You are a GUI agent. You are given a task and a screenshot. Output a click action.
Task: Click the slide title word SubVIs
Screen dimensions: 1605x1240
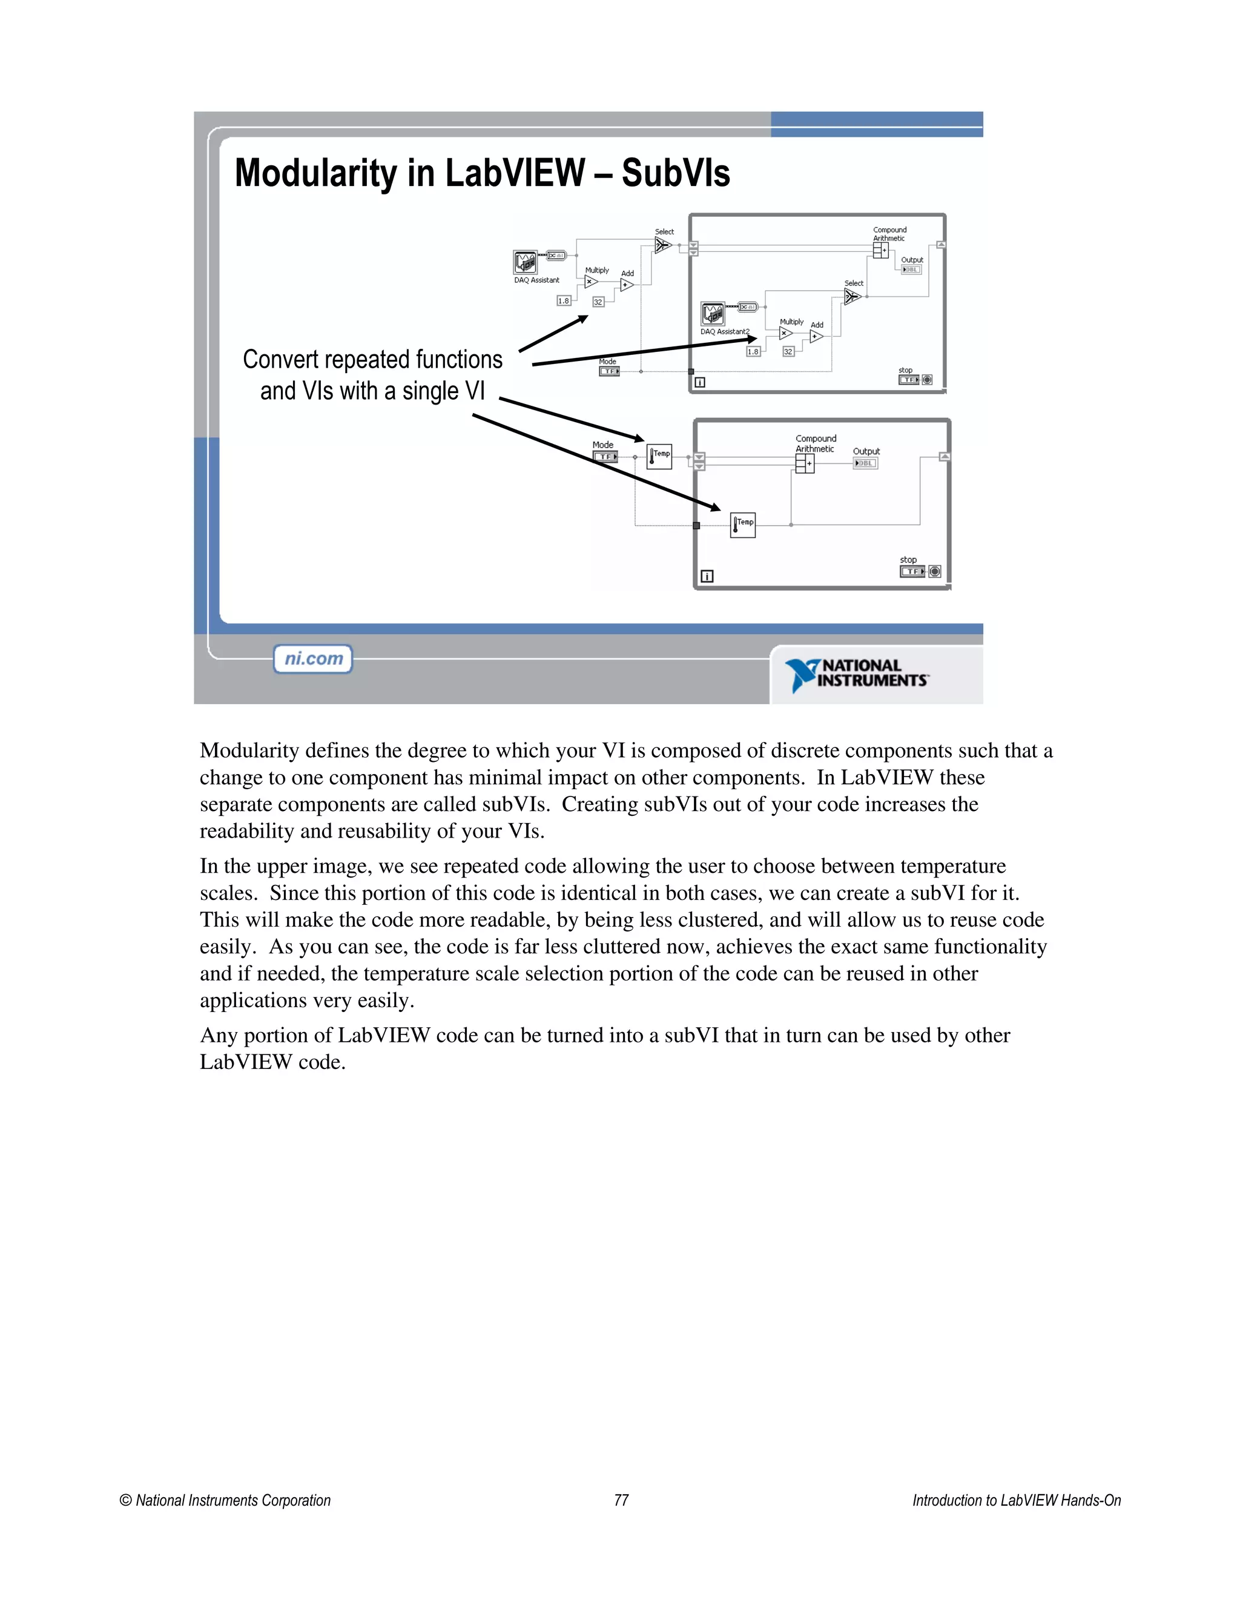pyautogui.click(x=675, y=173)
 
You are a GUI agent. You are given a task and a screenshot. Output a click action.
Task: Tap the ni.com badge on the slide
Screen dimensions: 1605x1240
pyautogui.click(x=313, y=658)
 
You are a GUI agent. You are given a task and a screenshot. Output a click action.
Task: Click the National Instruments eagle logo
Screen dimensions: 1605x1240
pyautogui.click(x=802, y=675)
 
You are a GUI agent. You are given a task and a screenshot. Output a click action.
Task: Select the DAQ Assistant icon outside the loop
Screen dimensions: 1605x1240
pyautogui.click(x=525, y=262)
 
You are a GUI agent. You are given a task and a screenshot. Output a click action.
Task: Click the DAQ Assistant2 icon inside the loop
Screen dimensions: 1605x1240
pyautogui.click(x=713, y=314)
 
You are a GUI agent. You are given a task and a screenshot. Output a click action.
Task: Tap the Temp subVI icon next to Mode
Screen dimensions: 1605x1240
pyautogui.click(x=659, y=457)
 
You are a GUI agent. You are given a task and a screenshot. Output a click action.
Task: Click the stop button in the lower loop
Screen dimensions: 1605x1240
pyautogui.click(x=934, y=571)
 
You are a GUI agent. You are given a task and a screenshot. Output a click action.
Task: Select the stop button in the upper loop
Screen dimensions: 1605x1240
pyautogui.click(x=927, y=380)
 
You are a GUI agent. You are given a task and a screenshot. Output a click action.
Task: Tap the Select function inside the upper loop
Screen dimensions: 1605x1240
pyautogui.click(x=852, y=296)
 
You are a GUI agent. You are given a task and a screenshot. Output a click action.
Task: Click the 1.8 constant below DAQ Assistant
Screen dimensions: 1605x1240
pyautogui.click(x=564, y=300)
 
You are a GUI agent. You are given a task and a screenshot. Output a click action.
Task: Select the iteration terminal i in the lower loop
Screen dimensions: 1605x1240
pyautogui.click(x=707, y=576)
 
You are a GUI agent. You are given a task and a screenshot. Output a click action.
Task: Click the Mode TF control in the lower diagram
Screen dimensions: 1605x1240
pyautogui.click(x=605, y=457)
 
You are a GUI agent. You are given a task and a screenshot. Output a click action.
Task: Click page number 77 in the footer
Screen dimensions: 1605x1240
pyautogui.click(x=621, y=1500)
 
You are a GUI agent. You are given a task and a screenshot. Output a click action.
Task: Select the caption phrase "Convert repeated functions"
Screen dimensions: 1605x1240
pyautogui.click(x=372, y=359)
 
